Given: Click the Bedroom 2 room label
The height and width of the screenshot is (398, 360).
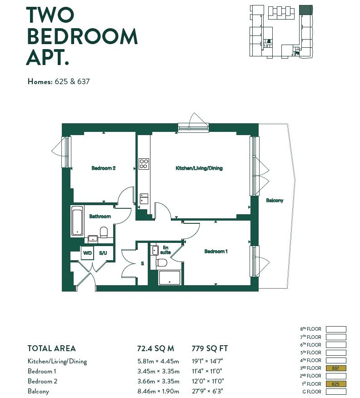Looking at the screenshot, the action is [x=104, y=168].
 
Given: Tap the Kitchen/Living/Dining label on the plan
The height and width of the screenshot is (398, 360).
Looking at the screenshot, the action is [x=199, y=168].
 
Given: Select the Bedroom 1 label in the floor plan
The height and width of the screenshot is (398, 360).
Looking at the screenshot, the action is [x=216, y=251].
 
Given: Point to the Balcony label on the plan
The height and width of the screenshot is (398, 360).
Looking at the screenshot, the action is [x=275, y=200].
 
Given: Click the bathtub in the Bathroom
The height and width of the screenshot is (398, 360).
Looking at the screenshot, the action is [x=77, y=221].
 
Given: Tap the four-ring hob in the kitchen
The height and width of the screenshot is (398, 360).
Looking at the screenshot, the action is [x=144, y=163].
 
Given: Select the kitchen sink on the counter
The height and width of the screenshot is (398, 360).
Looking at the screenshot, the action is [x=144, y=198].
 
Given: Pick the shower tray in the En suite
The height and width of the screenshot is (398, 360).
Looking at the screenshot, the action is [x=169, y=277].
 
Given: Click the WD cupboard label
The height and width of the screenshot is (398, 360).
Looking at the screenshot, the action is [x=87, y=253].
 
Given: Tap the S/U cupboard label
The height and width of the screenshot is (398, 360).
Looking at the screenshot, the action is [x=103, y=253].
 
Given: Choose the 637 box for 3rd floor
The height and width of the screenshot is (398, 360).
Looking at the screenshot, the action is [x=336, y=368].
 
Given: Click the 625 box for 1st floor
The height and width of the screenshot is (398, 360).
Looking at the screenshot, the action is [x=336, y=384].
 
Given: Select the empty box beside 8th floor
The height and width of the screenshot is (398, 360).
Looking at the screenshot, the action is [x=336, y=329].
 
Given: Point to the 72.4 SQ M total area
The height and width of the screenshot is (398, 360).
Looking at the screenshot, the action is [x=155, y=348].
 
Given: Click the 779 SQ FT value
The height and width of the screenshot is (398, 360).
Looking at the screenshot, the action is [x=210, y=348].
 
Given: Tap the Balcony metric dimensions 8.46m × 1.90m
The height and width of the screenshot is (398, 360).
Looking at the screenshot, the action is [x=158, y=391].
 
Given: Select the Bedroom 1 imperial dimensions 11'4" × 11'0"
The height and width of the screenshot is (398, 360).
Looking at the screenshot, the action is [x=207, y=371].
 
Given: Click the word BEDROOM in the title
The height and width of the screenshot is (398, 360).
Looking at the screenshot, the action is [x=82, y=36].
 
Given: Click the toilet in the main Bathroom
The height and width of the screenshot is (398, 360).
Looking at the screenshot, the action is [x=104, y=232].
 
